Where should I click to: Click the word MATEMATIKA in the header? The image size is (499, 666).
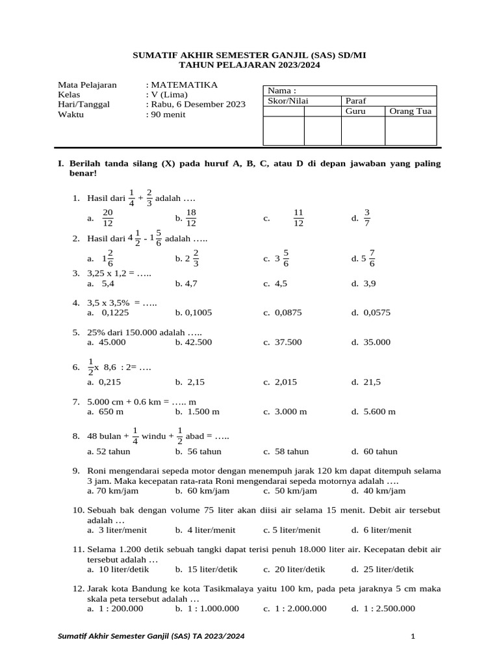click(185, 85)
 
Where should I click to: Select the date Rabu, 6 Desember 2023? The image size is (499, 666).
click(198, 104)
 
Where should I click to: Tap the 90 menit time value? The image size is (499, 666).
click(168, 114)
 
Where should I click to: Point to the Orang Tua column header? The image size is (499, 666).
click(410, 111)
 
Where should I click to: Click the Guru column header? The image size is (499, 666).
click(355, 111)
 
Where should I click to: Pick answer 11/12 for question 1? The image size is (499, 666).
click(298, 219)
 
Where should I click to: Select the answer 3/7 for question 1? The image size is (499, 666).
click(366, 219)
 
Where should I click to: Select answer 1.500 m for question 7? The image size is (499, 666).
click(202, 412)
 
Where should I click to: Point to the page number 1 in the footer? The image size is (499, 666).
click(413, 636)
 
